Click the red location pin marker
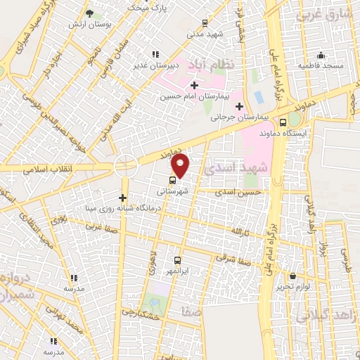(x=181, y=165)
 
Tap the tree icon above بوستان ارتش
(x=89, y=13)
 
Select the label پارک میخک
(x=149, y=7)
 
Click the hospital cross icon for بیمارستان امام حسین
(x=194, y=84)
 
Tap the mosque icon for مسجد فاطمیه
(x=321, y=56)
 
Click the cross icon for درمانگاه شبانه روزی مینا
(x=123, y=198)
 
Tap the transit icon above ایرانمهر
(x=177, y=260)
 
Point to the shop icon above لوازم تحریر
(x=292, y=276)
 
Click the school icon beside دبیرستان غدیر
(x=155, y=54)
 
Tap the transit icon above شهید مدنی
(x=204, y=22)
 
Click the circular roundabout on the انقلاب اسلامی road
(x=125, y=166)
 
